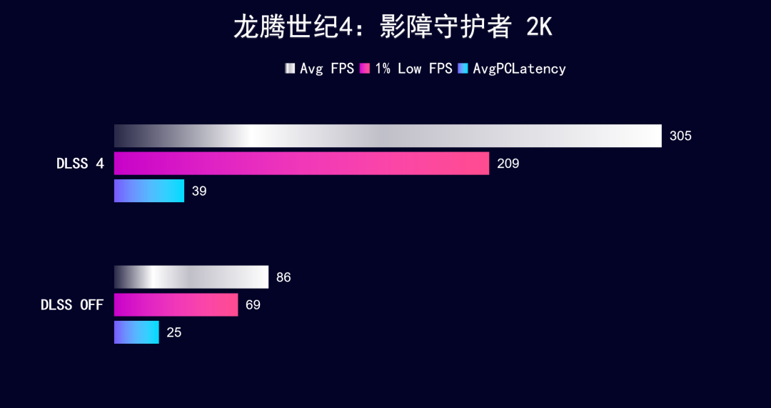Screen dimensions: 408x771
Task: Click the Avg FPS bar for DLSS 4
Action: coord(388,136)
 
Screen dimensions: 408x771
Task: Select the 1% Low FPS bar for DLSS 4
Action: coord(301,164)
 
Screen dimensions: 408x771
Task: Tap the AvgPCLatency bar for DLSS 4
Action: coord(149,191)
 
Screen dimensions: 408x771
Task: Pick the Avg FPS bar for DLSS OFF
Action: coord(191,277)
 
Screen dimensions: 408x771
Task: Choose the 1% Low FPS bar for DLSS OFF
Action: coord(176,304)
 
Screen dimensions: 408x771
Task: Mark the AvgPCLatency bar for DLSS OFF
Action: coord(136,332)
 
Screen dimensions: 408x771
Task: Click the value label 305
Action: coord(680,136)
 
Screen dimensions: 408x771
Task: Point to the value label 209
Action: coord(508,164)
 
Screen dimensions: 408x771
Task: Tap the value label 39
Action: coord(199,191)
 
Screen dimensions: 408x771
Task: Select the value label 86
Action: coord(283,277)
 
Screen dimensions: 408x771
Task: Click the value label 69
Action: coord(253,305)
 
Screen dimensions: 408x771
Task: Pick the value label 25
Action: coord(173,332)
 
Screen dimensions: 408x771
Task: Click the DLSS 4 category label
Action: coord(80,164)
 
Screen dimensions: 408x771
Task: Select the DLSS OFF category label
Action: coord(71,305)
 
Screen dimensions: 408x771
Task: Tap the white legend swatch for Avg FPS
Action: coord(290,69)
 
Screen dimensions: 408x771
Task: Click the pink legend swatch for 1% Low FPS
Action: coord(364,69)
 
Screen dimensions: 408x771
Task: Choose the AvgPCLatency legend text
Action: coord(519,69)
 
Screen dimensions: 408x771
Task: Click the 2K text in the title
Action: coord(538,28)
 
